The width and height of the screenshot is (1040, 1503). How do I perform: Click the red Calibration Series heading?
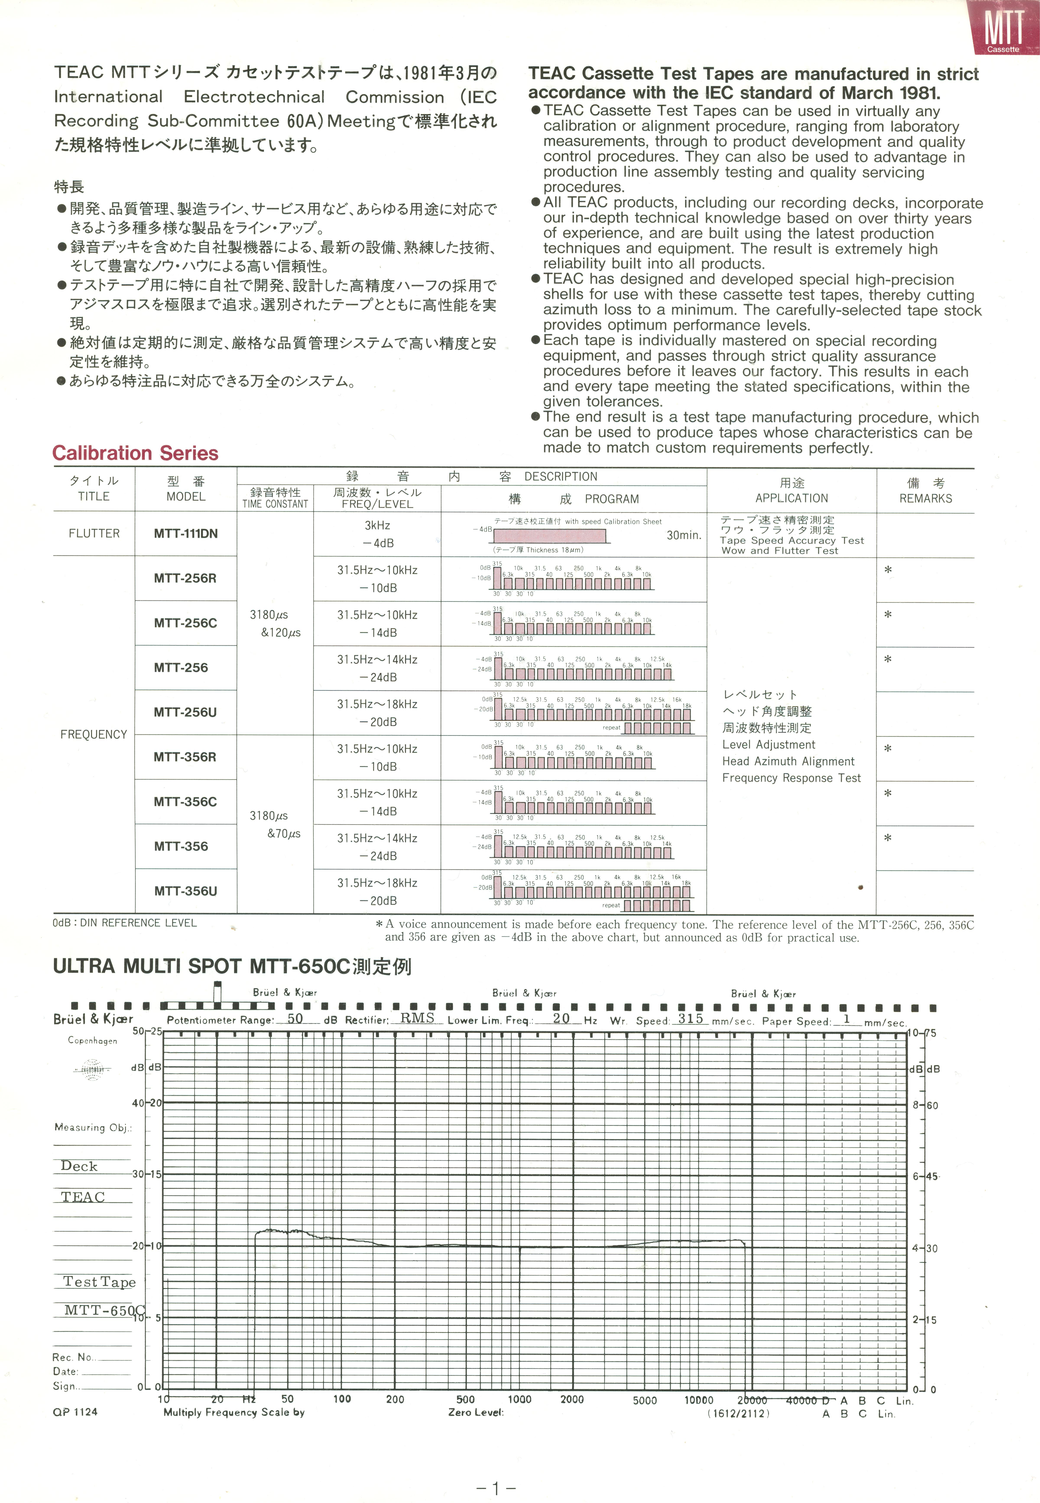tap(135, 453)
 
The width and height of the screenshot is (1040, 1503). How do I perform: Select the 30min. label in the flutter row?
tap(684, 535)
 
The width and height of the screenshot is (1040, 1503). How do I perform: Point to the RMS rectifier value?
tap(417, 1018)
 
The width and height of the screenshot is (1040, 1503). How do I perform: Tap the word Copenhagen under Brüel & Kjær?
tap(92, 1041)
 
